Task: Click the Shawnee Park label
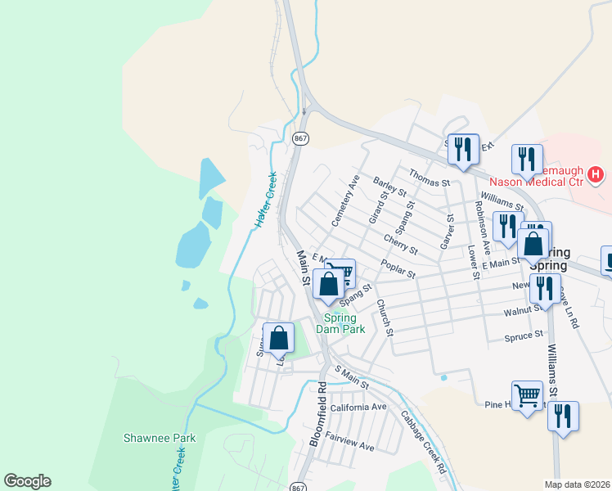160,438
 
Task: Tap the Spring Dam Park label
345,323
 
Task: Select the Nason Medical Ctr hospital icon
596,174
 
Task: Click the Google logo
27,481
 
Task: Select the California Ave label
358,407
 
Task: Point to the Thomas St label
430,181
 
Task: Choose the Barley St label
390,187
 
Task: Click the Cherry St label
401,244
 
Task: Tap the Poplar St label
398,268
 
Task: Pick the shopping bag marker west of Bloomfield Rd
279,336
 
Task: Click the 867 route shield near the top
301,138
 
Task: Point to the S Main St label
352,379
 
